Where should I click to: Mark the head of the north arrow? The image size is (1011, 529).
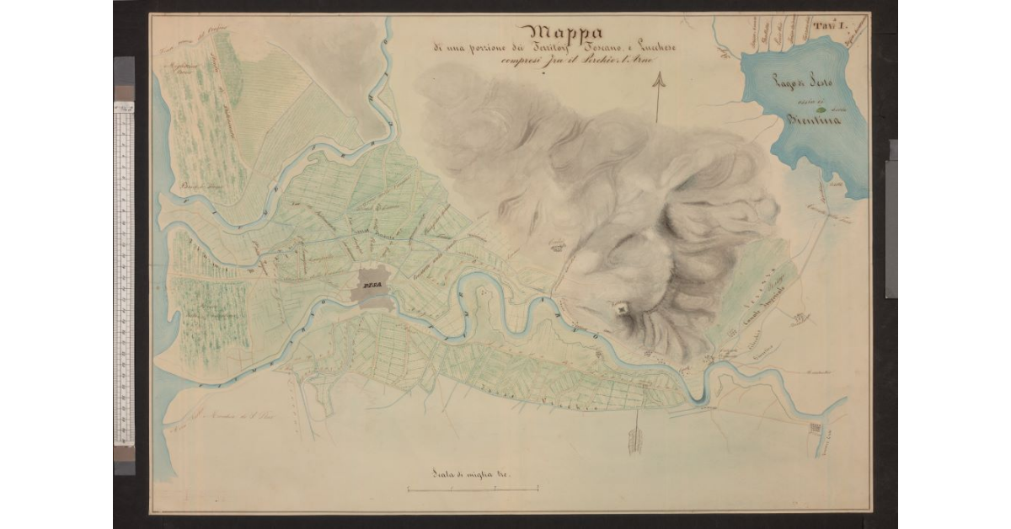658,79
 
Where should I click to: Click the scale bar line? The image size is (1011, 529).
473,489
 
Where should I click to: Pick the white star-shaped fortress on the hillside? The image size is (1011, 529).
621,309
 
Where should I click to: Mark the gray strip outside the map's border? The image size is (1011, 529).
891,219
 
